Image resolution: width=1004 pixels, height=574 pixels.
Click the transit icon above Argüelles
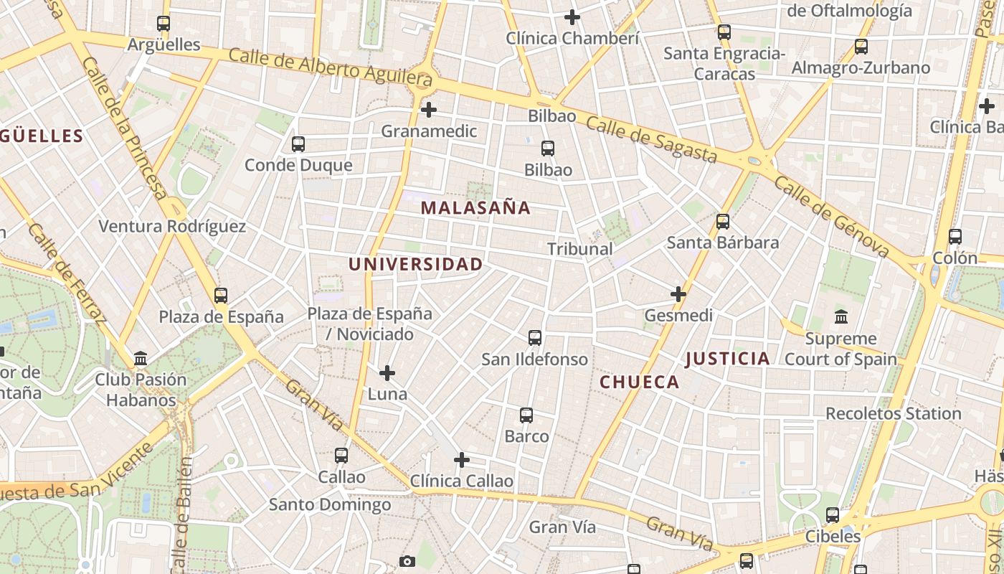tap(164, 24)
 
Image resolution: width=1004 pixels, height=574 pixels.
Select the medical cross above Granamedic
tap(428, 110)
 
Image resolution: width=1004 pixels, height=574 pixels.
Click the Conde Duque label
tap(298, 166)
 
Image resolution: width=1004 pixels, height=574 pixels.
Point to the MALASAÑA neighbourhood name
tap(475, 208)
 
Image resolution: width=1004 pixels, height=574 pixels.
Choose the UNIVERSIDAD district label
tap(416, 264)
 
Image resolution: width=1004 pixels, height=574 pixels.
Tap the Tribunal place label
tap(579, 249)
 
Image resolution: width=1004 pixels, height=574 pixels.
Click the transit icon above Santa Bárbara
tap(723, 222)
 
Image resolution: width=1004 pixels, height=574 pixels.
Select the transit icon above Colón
tap(955, 237)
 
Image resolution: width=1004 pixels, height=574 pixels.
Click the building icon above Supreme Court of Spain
tap(841, 316)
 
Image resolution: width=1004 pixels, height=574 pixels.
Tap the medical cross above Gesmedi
tap(678, 293)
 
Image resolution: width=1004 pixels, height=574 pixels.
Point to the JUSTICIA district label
tap(727, 359)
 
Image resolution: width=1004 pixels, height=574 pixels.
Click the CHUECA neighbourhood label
tap(640, 382)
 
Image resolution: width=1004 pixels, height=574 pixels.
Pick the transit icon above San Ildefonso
tap(534, 338)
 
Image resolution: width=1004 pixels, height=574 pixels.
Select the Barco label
tap(526, 436)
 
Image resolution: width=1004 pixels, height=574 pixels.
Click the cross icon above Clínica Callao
tap(462, 459)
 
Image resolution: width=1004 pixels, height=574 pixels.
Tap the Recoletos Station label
tap(893, 414)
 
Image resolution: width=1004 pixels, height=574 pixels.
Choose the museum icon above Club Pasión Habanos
tap(141, 358)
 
